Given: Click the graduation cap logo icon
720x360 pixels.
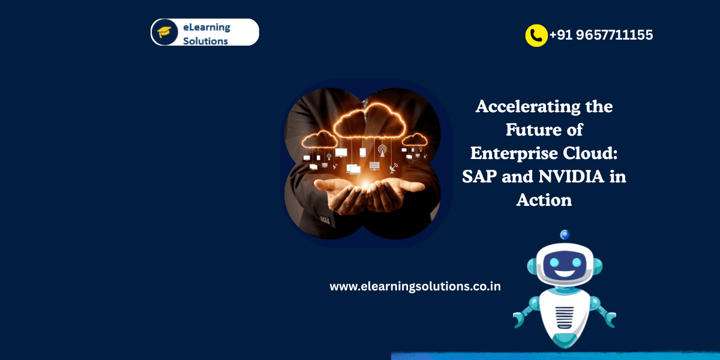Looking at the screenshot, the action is coord(164,32).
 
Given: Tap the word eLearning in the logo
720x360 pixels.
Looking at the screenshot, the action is coord(206,28).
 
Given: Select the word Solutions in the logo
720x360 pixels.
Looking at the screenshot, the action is coord(205,41).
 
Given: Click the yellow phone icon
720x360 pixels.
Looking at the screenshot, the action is coord(536,35).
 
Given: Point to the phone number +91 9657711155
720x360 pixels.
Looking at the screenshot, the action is coord(601,35).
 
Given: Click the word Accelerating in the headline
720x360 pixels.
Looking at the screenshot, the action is coord(528,106).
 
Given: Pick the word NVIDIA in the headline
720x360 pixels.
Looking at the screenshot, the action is coord(571,176).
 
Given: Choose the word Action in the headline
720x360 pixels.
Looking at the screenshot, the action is coord(544,200).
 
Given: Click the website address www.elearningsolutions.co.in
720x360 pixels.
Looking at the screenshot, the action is coord(415,286).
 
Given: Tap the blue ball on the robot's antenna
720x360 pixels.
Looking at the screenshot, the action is coord(565,235).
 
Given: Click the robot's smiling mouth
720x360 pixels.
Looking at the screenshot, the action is coord(565,274).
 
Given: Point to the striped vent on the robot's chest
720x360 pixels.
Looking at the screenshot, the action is coord(565,317).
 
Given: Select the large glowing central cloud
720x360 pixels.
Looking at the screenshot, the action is coord(370,121).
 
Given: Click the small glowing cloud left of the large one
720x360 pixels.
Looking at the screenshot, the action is coord(319,140).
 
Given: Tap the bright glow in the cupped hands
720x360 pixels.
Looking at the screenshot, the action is coord(366,185).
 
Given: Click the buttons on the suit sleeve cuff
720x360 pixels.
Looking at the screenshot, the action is coord(325,221).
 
